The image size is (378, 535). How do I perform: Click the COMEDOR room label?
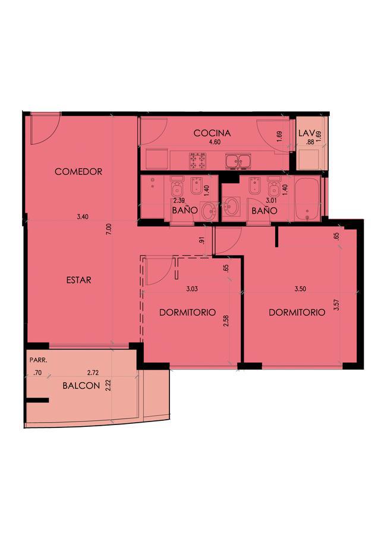pos(78,171)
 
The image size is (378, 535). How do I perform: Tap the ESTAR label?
pos(78,280)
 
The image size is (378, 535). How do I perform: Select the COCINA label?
pos(212,133)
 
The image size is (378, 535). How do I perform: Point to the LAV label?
pos(305,133)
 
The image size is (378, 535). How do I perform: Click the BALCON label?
pos(81,386)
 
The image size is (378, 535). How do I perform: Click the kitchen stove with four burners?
pos(198,160)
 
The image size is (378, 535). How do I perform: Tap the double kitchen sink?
pos(238,161)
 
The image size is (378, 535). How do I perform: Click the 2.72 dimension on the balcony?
pos(93,373)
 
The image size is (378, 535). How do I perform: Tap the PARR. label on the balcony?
pos(38,360)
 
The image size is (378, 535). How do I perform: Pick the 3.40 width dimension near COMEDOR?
pos(83,216)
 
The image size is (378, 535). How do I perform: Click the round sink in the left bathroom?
pos(209,212)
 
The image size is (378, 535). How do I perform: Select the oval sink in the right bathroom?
pos(232,207)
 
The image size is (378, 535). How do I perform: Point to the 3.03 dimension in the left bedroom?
pos(192,289)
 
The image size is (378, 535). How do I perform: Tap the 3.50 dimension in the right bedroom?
pos(300,289)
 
